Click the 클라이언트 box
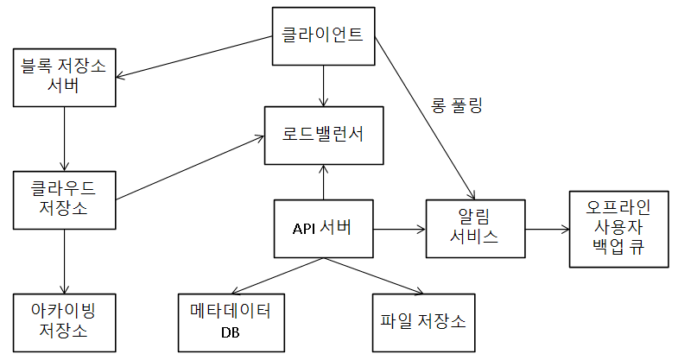click(323, 36)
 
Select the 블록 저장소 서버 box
click(65, 76)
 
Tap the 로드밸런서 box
click(323, 135)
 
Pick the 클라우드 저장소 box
click(65, 199)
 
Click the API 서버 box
click(323, 228)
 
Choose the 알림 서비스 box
click(476, 228)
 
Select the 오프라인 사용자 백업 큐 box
click(618, 228)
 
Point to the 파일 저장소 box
click(422, 321)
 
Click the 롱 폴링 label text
click(456, 107)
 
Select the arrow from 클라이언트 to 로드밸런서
click(323, 85)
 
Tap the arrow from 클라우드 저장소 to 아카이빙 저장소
click(65, 260)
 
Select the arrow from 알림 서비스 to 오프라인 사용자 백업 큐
click(547, 229)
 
